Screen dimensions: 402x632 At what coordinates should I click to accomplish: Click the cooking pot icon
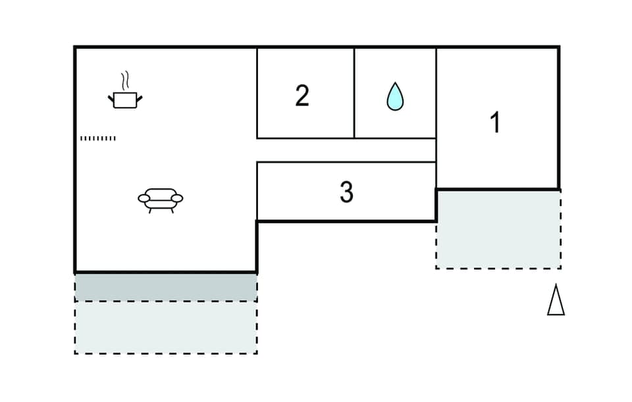(x=125, y=100)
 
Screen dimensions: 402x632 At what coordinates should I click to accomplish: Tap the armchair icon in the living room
(x=160, y=199)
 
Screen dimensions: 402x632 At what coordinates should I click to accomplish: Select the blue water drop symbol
(x=395, y=97)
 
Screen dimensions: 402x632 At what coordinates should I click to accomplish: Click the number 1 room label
(x=496, y=122)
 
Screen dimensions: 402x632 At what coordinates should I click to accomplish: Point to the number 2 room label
(x=302, y=96)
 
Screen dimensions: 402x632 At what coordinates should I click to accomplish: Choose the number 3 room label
(x=346, y=192)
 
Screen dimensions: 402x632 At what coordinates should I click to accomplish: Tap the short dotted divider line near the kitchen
(x=97, y=138)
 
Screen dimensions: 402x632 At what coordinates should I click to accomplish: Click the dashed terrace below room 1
(x=498, y=229)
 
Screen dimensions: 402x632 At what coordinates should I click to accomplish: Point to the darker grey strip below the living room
(x=165, y=287)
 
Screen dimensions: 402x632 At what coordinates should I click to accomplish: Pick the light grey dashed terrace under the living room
(x=165, y=327)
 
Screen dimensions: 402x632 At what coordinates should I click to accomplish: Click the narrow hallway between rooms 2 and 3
(x=346, y=150)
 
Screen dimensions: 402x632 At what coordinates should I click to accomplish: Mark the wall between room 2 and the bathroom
(x=354, y=93)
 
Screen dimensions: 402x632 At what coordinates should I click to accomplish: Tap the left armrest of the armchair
(x=144, y=198)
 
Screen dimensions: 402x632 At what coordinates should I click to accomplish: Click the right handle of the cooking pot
(x=139, y=99)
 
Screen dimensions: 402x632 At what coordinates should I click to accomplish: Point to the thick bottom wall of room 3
(x=346, y=221)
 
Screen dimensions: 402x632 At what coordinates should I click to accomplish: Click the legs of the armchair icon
(x=160, y=210)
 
